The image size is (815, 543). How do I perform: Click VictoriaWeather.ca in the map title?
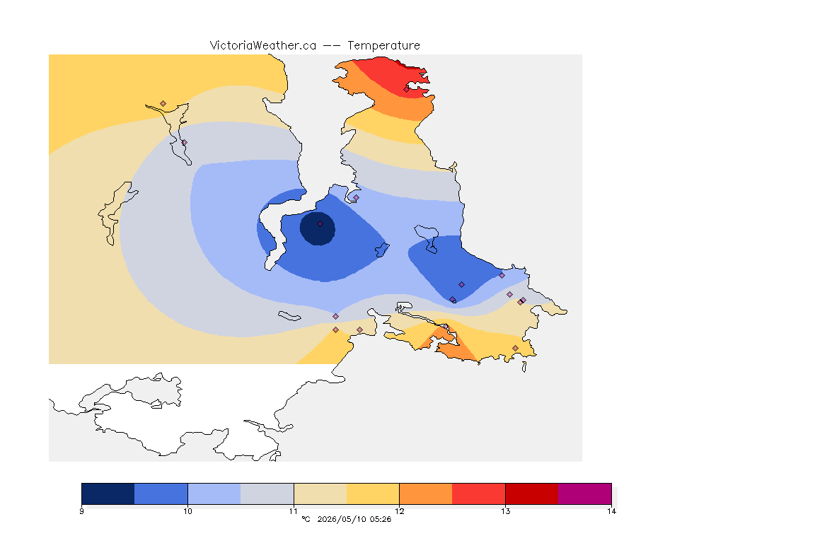point(263,46)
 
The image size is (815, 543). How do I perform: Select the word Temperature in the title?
point(383,46)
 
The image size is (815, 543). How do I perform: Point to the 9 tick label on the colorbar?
point(81,511)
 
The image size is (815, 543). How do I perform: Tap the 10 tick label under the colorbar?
point(187,511)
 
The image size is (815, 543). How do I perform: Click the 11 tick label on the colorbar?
point(294,511)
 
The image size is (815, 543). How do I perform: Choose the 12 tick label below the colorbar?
point(399,511)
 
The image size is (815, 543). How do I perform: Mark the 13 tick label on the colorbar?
point(505,511)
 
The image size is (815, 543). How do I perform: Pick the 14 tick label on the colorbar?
point(611,511)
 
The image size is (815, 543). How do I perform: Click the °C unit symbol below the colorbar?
point(306,519)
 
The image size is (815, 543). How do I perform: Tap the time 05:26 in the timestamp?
point(380,519)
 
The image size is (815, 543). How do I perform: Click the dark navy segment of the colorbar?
point(108,494)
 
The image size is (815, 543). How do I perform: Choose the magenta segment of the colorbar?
point(585,494)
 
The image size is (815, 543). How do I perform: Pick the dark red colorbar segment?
point(532,494)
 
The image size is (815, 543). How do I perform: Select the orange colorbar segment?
point(426,494)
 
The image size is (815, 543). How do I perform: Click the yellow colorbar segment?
point(373,494)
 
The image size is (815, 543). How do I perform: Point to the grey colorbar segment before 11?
point(267,494)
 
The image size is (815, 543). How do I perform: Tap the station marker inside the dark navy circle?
point(320,224)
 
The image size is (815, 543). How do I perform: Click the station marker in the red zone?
point(406,89)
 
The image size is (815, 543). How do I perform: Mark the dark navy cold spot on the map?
point(317,228)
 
